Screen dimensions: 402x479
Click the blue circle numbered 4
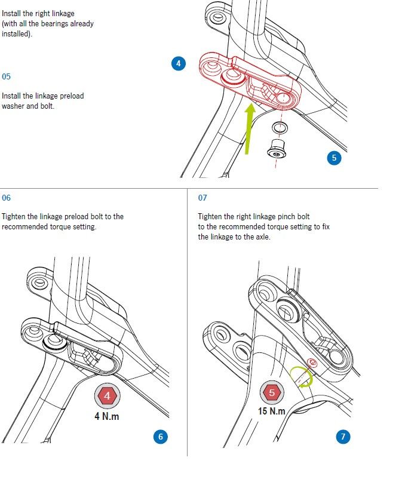click(x=179, y=63)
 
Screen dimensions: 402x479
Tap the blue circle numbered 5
click(x=334, y=158)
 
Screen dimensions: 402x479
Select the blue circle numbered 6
click(x=161, y=437)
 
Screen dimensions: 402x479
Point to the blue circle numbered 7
click(x=343, y=437)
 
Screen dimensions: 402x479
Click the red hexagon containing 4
click(x=107, y=395)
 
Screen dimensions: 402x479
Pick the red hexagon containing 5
click(x=272, y=392)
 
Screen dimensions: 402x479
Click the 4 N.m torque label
click(x=106, y=416)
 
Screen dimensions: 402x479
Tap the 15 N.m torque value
click(x=272, y=411)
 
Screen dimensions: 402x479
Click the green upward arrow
click(x=250, y=128)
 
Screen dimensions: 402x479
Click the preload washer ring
click(x=280, y=127)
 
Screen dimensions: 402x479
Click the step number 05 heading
click(x=6, y=76)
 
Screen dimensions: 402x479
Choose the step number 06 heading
click(x=6, y=198)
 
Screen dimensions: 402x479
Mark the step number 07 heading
click(x=202, y=198)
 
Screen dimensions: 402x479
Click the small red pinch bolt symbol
click(x=312, y=363)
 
